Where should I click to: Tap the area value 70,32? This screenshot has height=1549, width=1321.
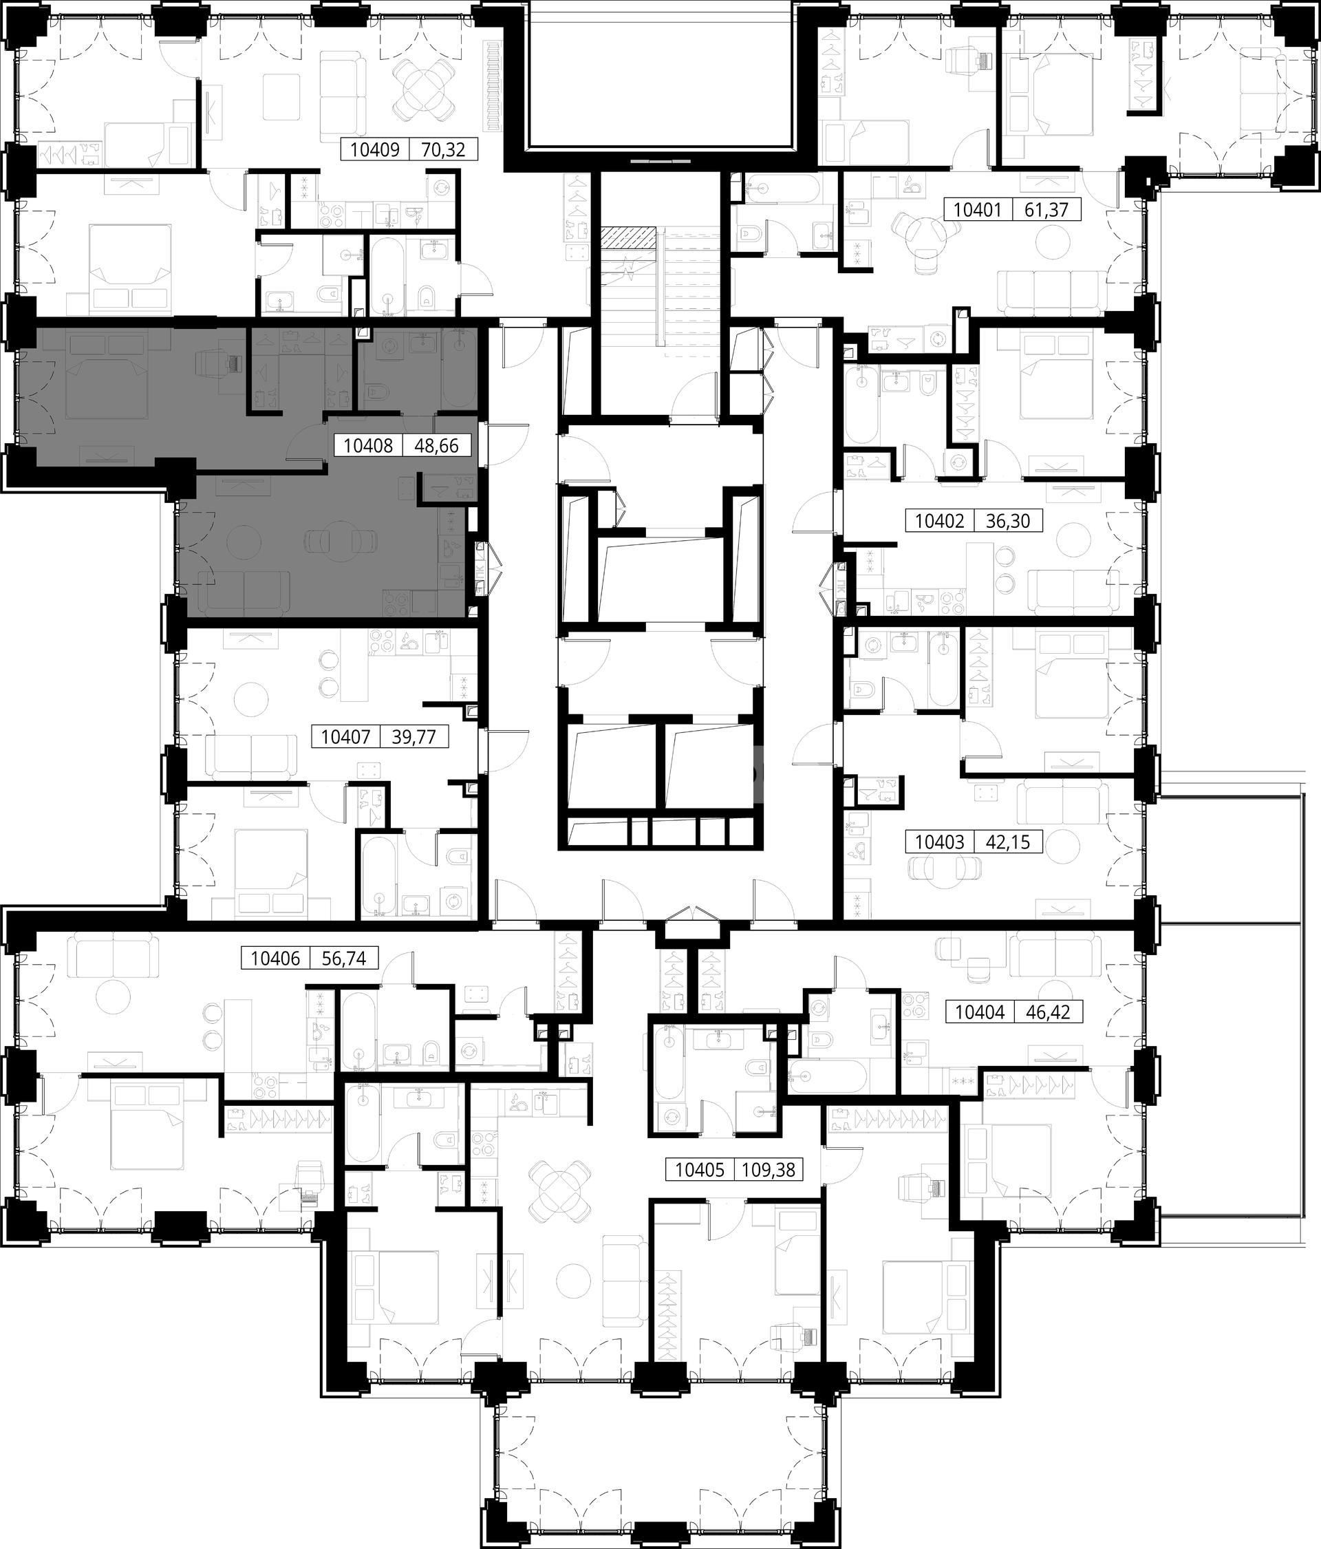coord(443,150)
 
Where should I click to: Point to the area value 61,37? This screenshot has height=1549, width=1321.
coord(1047,210)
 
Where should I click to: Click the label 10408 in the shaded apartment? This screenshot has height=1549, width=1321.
coord(368,447)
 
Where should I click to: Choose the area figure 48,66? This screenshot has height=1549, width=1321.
coord(438,447)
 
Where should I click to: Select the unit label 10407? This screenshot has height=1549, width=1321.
coord(346,737)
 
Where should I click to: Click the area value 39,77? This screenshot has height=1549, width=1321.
coord(415,737)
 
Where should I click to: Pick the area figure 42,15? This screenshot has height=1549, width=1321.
coord(1009,842)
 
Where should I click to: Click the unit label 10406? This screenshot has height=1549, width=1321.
coord(275,958)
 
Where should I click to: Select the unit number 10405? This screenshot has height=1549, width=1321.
coord(700,1170)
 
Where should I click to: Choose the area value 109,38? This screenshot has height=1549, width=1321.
coord(769,1170)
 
